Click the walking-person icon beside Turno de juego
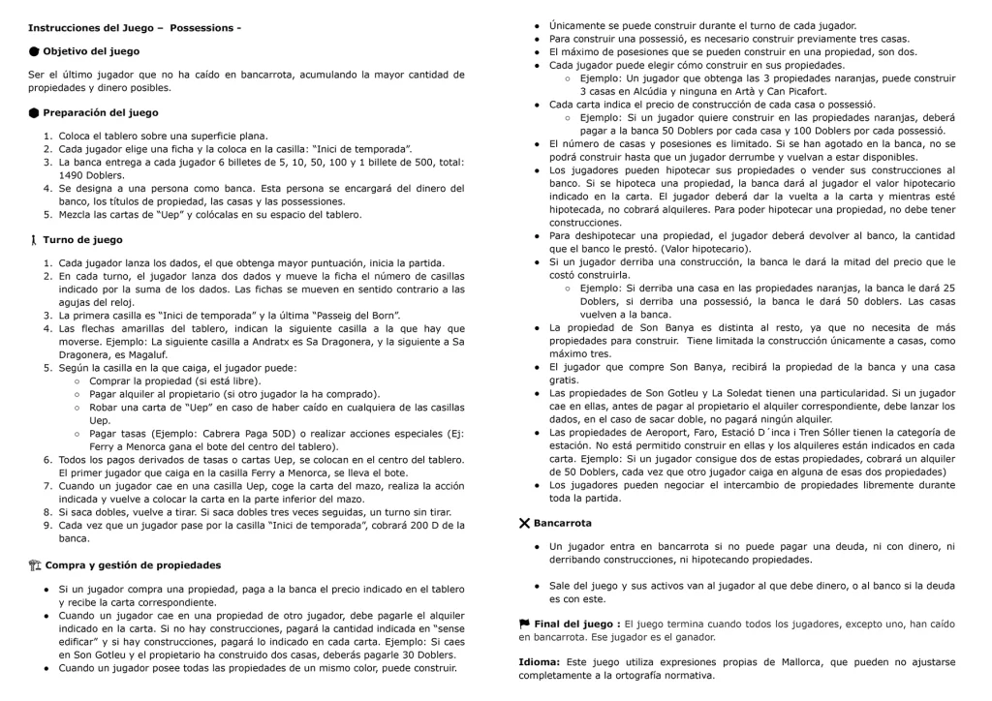pyautogui.click(x=34, y=239)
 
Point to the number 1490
pyautogui.click(x=71, y=175)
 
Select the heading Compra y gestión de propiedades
pyautogui.click(x=132, y=564)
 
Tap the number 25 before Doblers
pyautogui.click(x=948, y=288)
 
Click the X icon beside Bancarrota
pyautogui.click(x=524, y=523)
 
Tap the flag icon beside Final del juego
pyautogui.click(x=524, y=624)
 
